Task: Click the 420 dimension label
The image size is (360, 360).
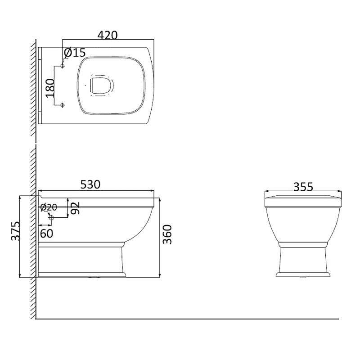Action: pyautogui.click(x=108, y=36)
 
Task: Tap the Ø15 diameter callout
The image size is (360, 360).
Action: pyautogui.click(x=75, y=53)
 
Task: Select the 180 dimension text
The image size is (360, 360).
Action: pyautogui.click(x=50, y=88)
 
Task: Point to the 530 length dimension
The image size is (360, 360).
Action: pyautogui.click(x=90, y=184)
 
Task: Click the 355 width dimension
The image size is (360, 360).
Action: pyautogui.click(x=303, y=187)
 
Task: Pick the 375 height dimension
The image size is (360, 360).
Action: pyautogui.click(x=16, y=231)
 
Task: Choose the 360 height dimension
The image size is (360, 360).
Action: pyautogui.click(x=167, y=234)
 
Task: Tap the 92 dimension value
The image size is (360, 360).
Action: pyautogui.click(x=75, y=208)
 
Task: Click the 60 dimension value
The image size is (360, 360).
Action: pyautogui.click(x=46, y=234)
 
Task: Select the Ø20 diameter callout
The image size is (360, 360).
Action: pyautogui.click(x=49, y=207)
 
